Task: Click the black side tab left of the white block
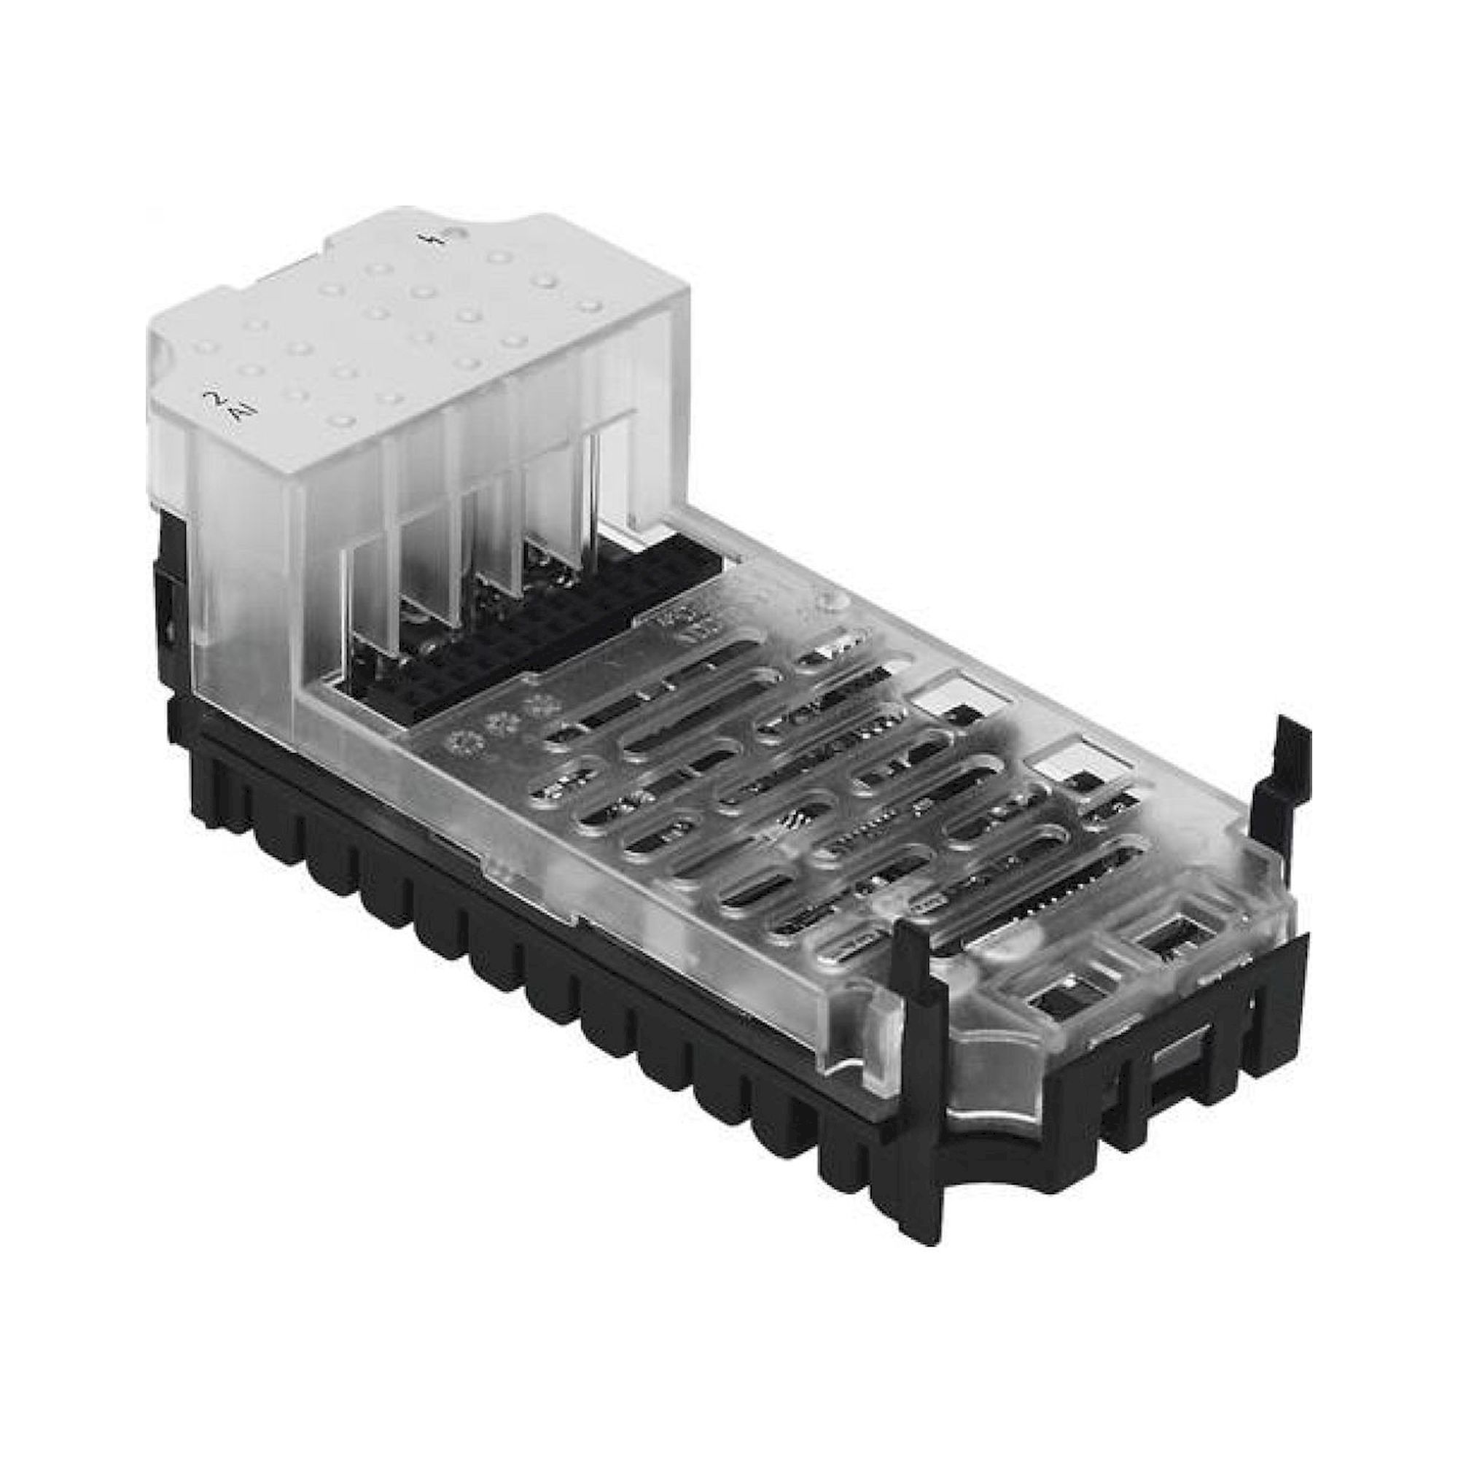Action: click(x=172, y=588)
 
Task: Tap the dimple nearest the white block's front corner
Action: click(x=341, y=420)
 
